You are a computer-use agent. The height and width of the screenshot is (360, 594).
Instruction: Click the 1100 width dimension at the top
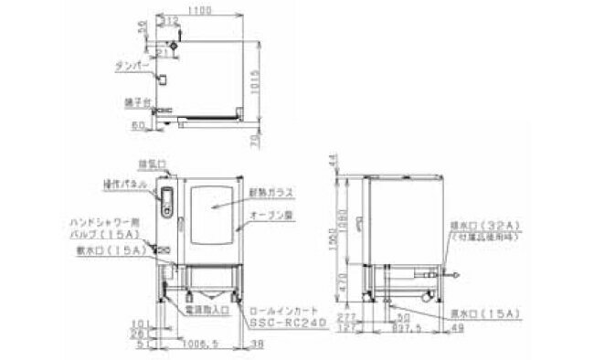[x=202, y=8]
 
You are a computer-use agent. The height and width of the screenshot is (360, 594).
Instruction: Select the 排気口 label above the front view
[x=151, y=165]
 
